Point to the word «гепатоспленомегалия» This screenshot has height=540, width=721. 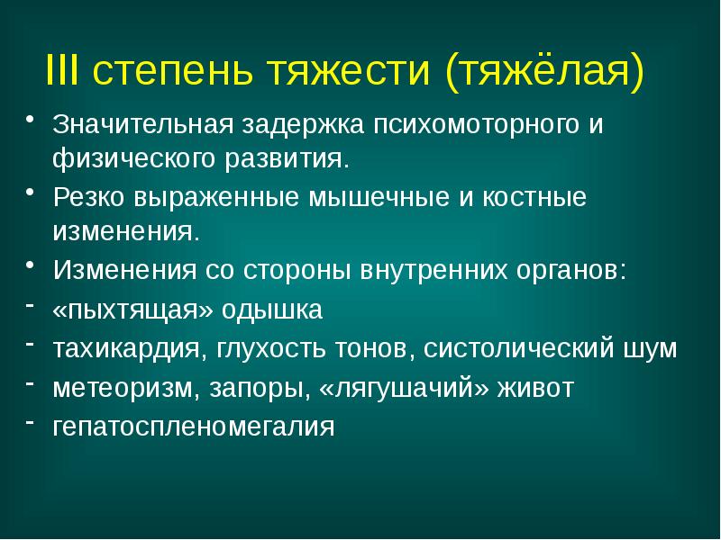click(x=193, y=426)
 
